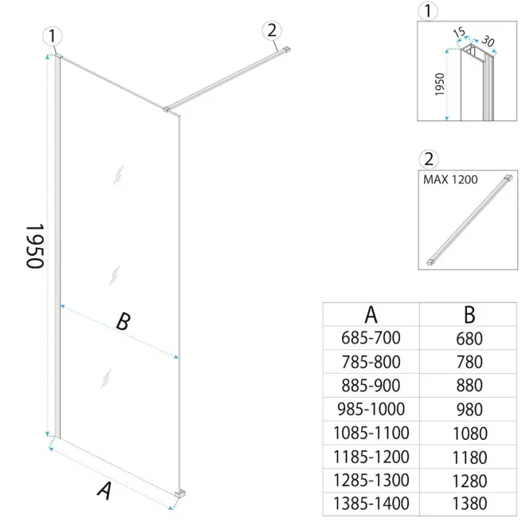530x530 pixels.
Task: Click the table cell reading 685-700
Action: [x=371, y=338]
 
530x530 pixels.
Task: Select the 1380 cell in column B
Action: [x=469, y=504]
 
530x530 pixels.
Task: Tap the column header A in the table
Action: [x=371, y=315]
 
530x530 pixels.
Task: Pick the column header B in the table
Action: [x=469, y=315]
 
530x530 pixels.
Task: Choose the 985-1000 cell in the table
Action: [x=371, y=409]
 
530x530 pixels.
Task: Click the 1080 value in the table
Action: [x=469, y=434]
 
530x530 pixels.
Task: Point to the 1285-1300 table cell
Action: [x=371, y=481]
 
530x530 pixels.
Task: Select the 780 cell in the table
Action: [x=469, y=362]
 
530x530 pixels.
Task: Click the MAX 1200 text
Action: [x=450, y=179]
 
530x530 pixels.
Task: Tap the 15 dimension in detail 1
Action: [x=459, y=33]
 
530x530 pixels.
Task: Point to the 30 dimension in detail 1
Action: [x=488, y=41]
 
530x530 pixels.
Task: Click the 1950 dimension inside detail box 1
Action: [x=439, y=84]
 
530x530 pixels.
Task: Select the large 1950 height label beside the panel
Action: [x=35, y=245]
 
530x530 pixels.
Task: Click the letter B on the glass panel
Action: [x=123, y=321]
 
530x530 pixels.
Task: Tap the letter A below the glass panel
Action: [x=104, y=491]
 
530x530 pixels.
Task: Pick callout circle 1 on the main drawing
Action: [x=52, y=36]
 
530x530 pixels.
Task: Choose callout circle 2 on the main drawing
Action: [x=272, y=30]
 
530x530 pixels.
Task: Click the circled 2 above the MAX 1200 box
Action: [x=429, y=159]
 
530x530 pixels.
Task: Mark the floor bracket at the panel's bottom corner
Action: [x=180, y=493]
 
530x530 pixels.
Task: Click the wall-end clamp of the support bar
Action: [x=286, y=49]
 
